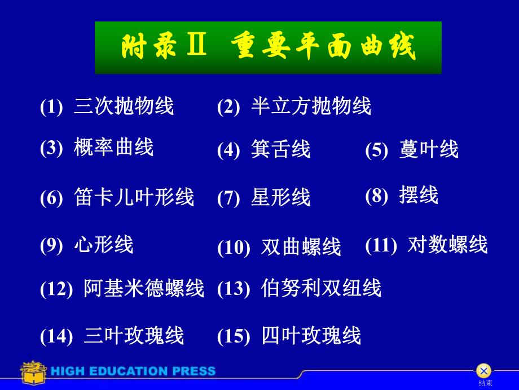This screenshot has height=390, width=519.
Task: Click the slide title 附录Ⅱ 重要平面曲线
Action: coord(268,47)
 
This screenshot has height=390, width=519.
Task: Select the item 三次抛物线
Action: coord(124,106)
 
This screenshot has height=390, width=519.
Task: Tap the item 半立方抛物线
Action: coord(311,106)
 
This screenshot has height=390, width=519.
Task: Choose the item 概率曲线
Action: coord(113,148)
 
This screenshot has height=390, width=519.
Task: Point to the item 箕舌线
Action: coord(280,150)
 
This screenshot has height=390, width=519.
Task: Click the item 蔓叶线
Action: coord(429,150)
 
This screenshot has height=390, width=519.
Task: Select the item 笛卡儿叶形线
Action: coord(134,197)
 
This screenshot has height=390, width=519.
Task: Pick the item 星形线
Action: coord(280,198)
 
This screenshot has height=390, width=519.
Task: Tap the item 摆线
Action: coord(418,195)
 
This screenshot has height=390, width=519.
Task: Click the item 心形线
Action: coord(104,245)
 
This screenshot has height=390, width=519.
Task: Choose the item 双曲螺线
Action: coord(301,247)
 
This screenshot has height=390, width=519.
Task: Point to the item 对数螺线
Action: coord(447,245)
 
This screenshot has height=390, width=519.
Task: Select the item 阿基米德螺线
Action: coord(144,288)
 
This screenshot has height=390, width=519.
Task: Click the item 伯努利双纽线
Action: coord(321,288)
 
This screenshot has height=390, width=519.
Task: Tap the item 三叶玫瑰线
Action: coord(134,336)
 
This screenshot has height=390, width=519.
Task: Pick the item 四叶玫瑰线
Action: coord(311,336)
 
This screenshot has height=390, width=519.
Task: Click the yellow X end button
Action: coord(483,371)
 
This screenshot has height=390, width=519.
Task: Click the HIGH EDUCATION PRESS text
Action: coord(133,371)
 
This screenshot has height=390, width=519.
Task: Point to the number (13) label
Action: coord(233,289)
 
